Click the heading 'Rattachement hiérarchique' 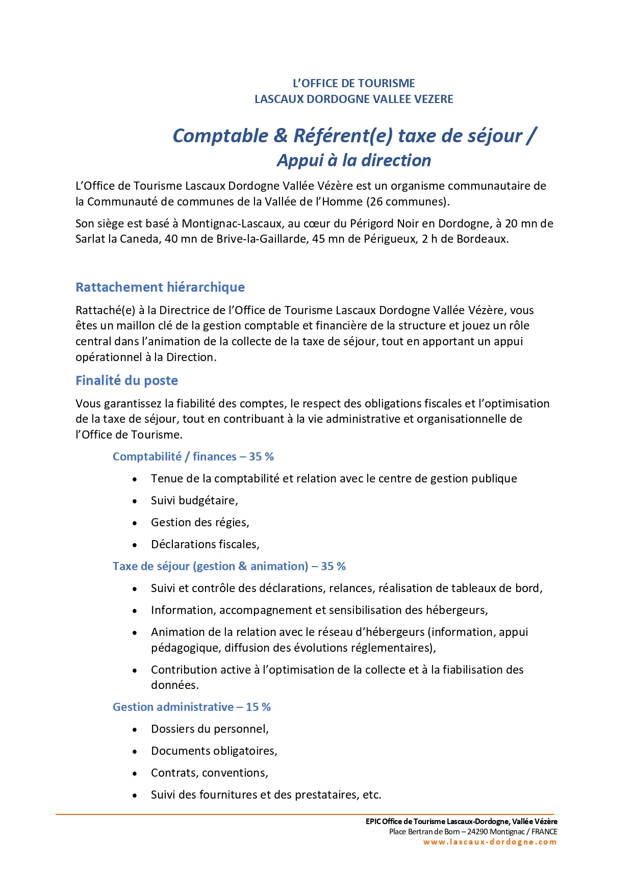[160, 287]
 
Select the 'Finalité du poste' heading [126, 380]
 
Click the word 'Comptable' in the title [220, 136]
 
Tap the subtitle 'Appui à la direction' [354, 160]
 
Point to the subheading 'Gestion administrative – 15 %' [191, 707]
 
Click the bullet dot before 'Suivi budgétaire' [135, 501]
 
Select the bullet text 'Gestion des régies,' [200, 522]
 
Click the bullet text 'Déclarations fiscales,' [205, 544]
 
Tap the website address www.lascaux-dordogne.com [490, 842]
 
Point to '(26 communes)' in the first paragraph [408, 201]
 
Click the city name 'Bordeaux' [482, 239]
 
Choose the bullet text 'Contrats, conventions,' [209, 773]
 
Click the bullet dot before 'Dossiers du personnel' [135, 730]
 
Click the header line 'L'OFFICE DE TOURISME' [353, 83]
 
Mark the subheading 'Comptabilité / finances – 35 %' [193, 456]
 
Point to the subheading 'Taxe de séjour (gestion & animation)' [210, 566]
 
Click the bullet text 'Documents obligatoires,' [214, 751]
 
